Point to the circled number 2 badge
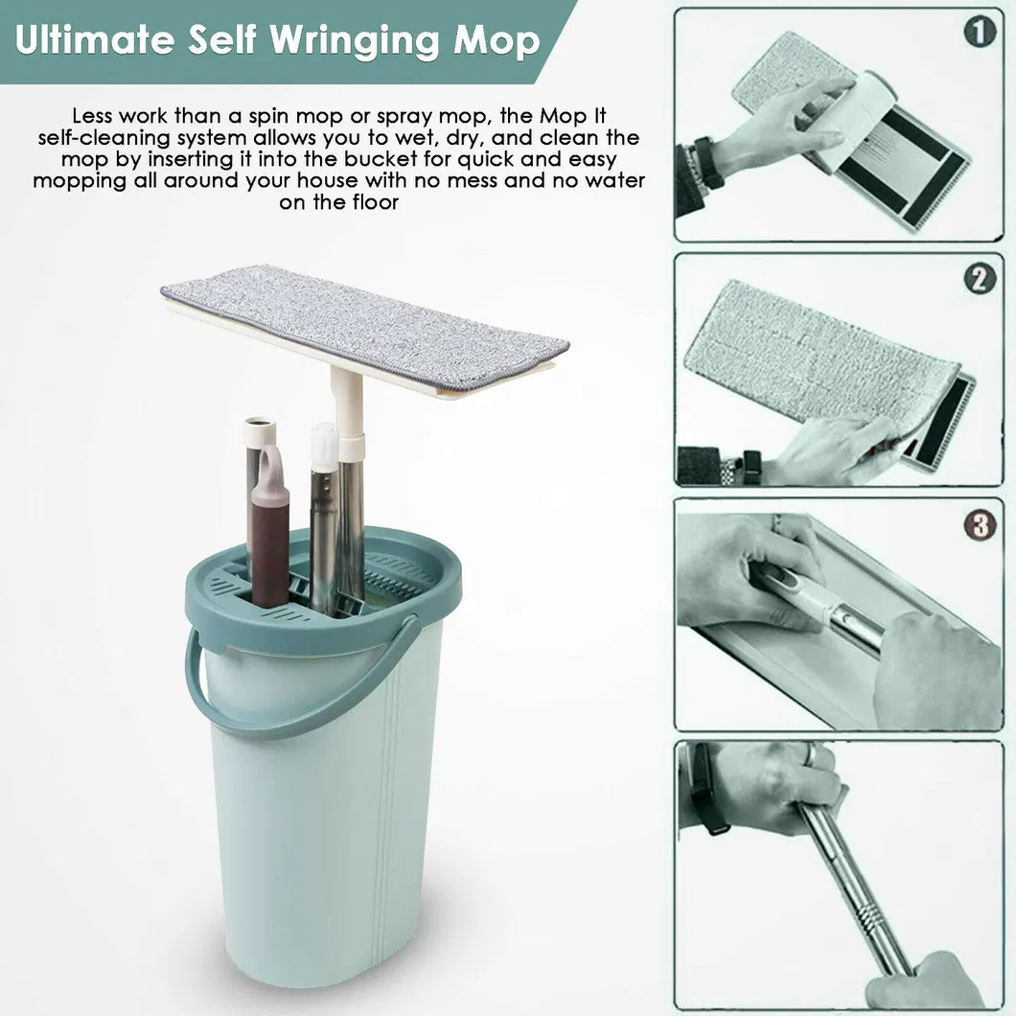978,279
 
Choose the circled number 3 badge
978,526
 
